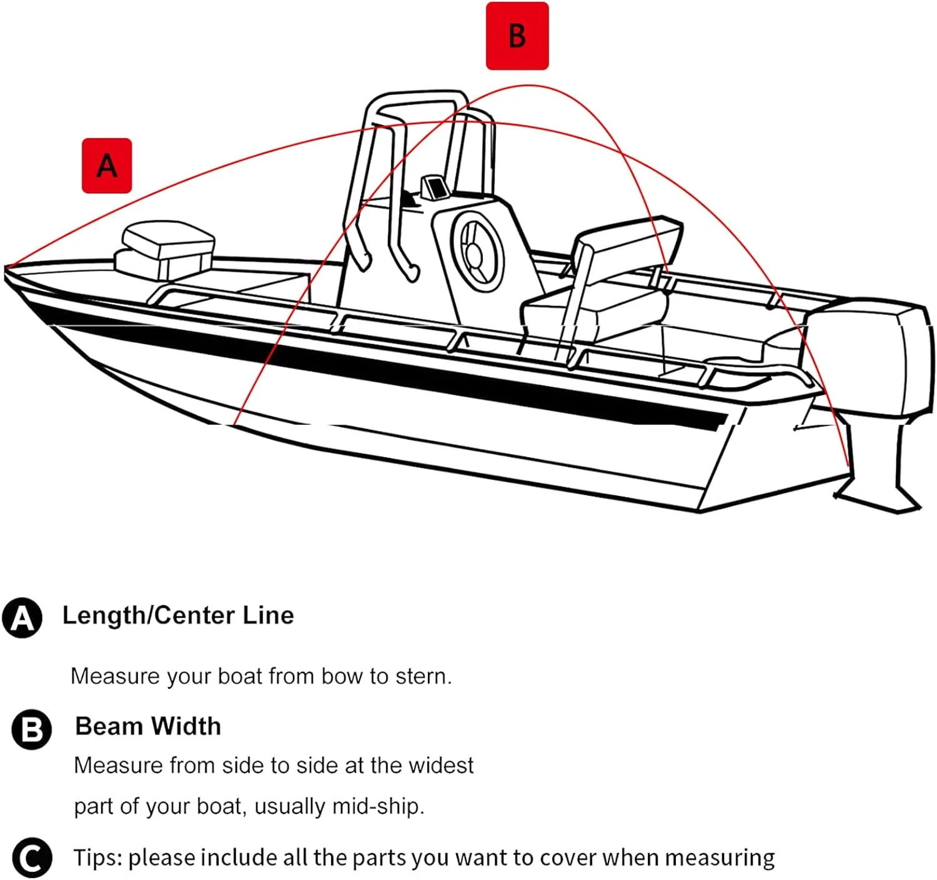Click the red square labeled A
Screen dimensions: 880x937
click(107, 166)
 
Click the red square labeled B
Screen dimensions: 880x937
click(517, 36)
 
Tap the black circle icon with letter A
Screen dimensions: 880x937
click(22, 618)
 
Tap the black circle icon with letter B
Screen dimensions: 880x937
click(31, 729)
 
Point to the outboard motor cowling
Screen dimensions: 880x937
click(866, 358)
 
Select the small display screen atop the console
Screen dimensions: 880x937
click(435, 187)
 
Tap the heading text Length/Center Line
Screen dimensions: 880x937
click(178, 615)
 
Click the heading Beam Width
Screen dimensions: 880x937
click(148, 726)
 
